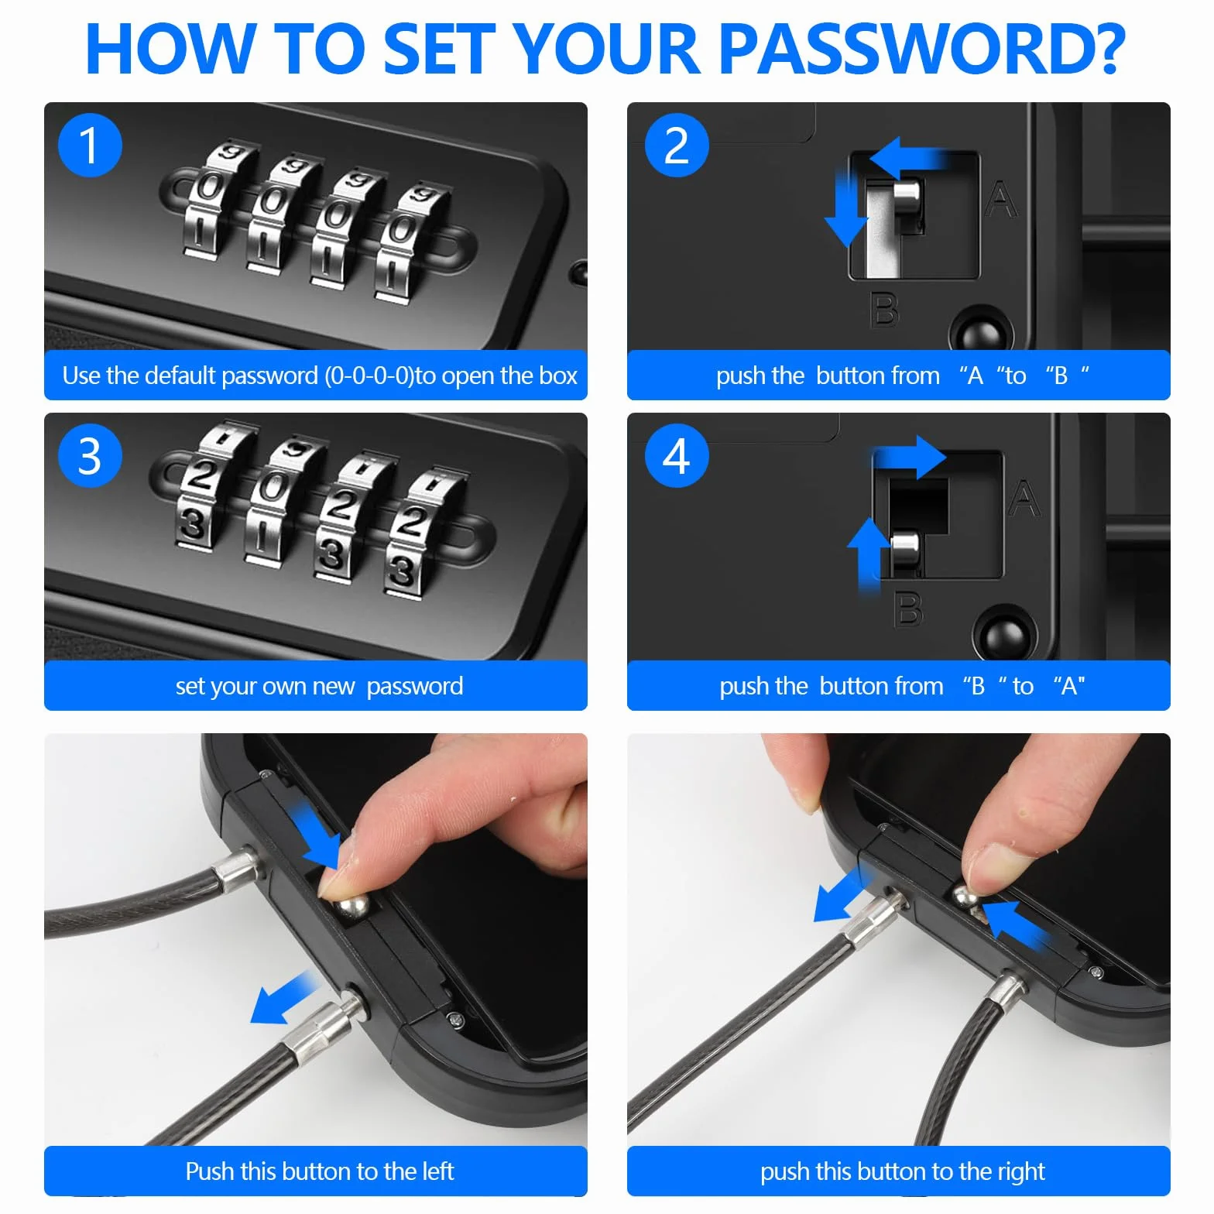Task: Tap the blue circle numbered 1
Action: point(90,145)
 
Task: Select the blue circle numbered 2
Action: point(677,145)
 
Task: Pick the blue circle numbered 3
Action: point(90,455)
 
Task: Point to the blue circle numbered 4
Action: point(677,455)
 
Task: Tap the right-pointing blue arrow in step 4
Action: point(910,456)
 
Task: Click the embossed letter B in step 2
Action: point(886,309)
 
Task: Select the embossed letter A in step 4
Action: point(1024,498)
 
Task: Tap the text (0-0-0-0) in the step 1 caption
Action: point(369,376)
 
